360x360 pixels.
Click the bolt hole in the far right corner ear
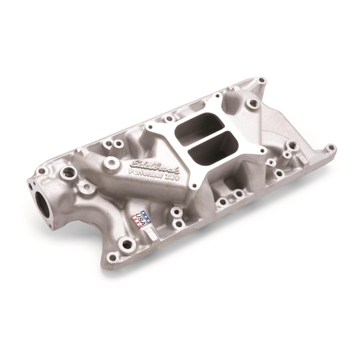330,148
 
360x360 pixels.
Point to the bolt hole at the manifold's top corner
260,81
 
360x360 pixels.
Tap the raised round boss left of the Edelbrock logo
113,163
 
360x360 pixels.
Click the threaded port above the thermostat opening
67,173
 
